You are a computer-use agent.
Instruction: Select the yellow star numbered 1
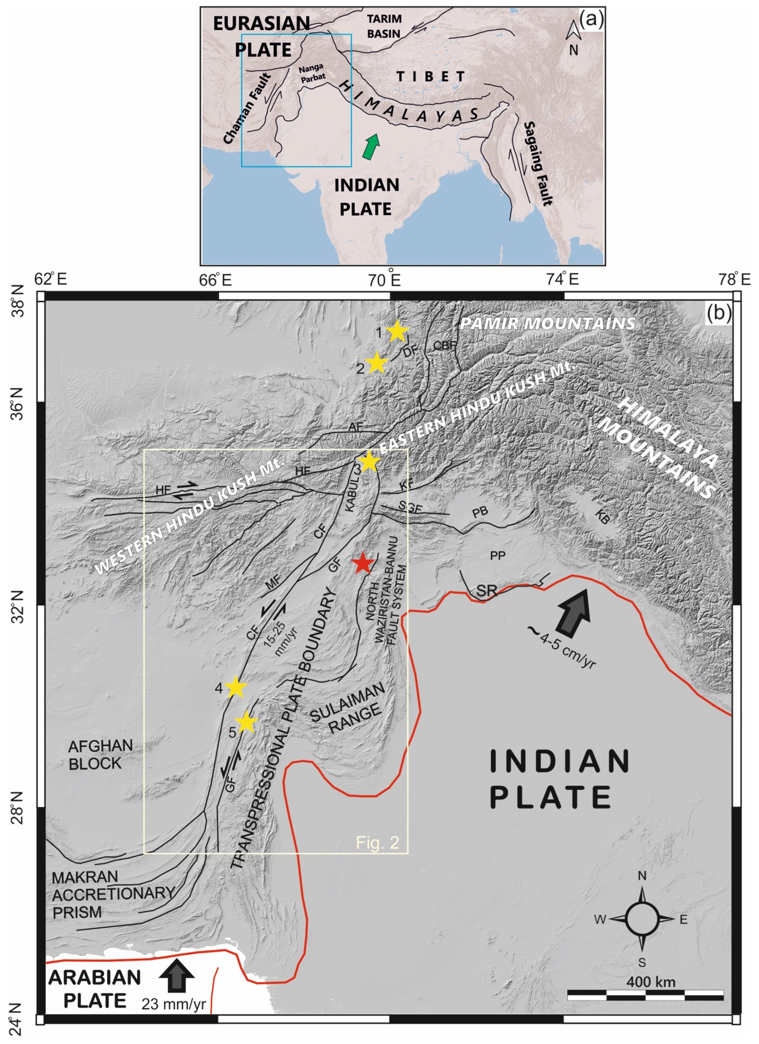pyautogui.click(x=397, y=331)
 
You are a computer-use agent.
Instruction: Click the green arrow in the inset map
pyautogui.click(x=371, y=146)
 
